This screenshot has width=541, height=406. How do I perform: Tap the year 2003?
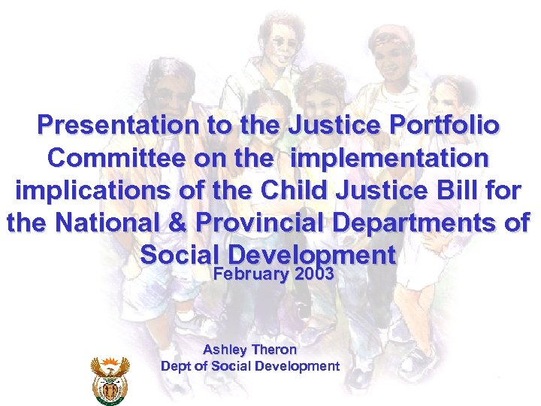(x=315, y=274)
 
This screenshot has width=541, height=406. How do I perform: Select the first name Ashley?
(x=223, y=350)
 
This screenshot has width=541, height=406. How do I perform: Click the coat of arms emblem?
(x=110, y=379)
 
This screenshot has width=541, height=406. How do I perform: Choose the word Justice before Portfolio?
(x=325, y=126)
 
